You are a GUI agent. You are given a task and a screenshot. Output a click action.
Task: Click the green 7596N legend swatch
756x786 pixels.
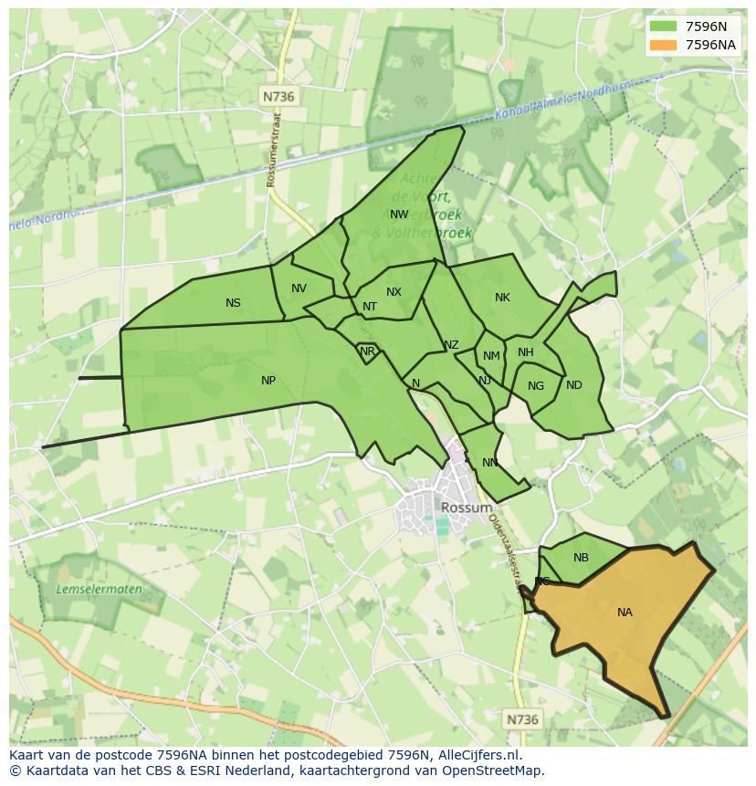[x=663, y=26]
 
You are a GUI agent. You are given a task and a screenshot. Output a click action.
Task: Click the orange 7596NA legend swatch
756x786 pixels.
[x=663, y=45]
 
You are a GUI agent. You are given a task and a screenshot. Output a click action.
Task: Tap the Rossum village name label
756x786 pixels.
[x=466, y=508]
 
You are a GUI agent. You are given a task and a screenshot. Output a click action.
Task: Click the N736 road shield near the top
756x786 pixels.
[x=279, y=96]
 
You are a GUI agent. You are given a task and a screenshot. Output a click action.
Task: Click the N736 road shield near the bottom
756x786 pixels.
[x=522, y=719]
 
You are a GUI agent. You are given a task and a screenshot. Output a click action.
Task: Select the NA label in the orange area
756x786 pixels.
[x=625, y=613]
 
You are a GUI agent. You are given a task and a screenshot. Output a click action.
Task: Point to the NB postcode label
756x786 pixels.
[x=581, y=558]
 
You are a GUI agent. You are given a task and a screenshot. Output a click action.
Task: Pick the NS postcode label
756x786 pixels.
[x=233, y=303]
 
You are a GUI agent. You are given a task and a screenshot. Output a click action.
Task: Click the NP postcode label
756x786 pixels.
[x=268, y=381]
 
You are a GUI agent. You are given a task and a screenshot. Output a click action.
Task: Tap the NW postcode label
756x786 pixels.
[x=399, y=215]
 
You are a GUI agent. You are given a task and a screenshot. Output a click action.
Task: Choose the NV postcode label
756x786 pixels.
[x=299, y=288]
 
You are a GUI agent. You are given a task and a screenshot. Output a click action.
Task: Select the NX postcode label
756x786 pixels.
[x=394, y=292]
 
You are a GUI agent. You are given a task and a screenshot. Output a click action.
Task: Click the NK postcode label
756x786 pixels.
[x=502, y=298]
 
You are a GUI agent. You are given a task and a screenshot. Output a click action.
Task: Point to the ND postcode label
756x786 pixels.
[x=573, y=385]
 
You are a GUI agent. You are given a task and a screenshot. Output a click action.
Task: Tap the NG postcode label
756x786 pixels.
[x=535, y=386]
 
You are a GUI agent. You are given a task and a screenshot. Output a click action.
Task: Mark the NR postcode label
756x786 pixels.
[x=367, y=351]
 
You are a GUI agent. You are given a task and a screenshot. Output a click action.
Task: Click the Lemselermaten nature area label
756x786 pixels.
[x=99, y=590]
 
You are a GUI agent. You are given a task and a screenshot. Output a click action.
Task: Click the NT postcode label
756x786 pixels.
[x=369, y=307]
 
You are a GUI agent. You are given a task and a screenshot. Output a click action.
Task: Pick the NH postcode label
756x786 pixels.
[x=525, y=352]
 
